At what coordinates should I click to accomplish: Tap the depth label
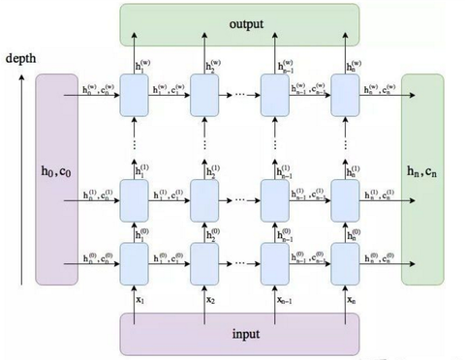point(20,59)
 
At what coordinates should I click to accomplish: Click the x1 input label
point(139,301)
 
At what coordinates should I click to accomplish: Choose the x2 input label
point(210,301)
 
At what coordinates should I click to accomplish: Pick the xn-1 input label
point(281,301)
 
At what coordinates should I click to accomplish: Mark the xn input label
point(352,301)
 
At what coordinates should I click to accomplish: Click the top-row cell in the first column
point(134,96)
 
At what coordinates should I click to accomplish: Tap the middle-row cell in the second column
point(204,201)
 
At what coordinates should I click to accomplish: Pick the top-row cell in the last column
point(346,96)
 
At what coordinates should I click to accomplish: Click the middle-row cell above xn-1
point(275,201)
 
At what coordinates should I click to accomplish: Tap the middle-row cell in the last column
point(346,201)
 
